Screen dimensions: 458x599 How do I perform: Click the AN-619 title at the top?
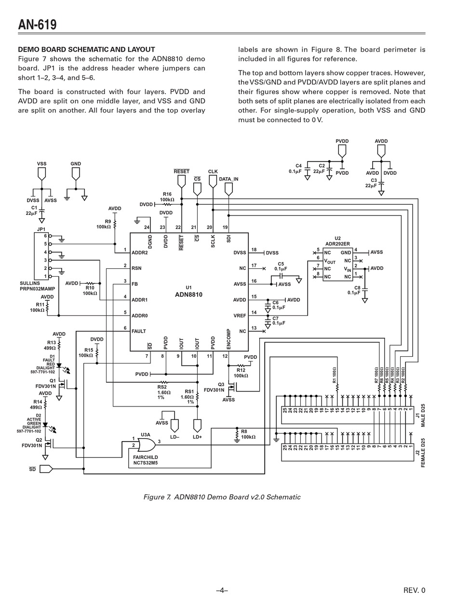(37, 24)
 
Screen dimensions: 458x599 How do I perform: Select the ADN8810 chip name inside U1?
(189, 295)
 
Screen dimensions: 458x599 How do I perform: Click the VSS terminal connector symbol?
(41, 174)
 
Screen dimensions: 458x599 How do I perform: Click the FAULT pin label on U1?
(138, 331)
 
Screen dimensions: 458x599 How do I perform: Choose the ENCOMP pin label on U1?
(229, 339)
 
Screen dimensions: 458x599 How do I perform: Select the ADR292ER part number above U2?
(337, 244)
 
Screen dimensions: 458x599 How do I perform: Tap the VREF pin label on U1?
(240, 316)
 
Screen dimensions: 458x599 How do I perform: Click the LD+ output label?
(197, 437)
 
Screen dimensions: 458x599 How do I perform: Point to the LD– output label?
(175, 437)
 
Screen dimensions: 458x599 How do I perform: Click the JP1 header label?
(41, 229)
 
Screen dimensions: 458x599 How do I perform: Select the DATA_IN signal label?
(229, 179)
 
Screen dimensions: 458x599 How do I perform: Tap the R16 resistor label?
(167, 194)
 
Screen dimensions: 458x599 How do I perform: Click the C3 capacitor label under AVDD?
(374, 180)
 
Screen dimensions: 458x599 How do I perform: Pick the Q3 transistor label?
(221, 385)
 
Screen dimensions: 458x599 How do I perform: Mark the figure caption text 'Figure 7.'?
(157, 497)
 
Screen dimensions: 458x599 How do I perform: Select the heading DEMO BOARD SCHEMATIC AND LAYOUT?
(86, 50)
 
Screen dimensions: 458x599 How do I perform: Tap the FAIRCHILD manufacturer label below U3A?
(145, 457)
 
